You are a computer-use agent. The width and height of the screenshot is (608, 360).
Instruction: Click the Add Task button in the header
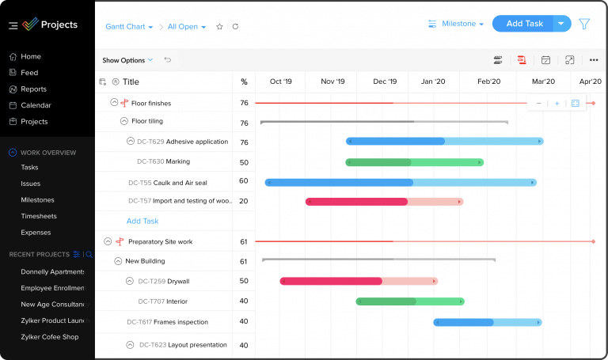click(x=524, y=24)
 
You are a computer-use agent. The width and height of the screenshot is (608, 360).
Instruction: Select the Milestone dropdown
click(x=456, y=24)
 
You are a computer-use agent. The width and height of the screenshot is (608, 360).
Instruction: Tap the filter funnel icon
click(x=584, y=24)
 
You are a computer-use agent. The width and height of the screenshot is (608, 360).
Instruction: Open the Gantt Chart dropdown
click(x=129, y=26)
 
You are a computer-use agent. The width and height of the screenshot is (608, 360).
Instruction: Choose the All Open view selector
click(x=187, y=26)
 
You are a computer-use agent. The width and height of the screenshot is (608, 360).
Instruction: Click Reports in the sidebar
click(x=33, y=89)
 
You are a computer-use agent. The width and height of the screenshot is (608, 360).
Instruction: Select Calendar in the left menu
click(x=36, y=105)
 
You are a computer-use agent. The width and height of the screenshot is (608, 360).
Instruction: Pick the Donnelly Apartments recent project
click(x=52, y=271)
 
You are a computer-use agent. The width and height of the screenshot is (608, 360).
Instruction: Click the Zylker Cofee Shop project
click(x=50, y=337)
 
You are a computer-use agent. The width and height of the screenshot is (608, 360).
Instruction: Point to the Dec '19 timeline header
click(x=385, y=81)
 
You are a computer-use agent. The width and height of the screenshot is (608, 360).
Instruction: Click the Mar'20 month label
click(x=543, y=81)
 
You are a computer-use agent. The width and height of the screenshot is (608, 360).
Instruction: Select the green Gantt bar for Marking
click(x=414, y=162)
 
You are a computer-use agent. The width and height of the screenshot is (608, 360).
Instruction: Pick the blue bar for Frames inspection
click(x=487, y=322)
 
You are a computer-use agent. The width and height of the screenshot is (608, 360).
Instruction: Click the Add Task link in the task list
click(x=142, y=222)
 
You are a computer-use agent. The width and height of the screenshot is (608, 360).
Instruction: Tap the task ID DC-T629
click(x=150, y=142)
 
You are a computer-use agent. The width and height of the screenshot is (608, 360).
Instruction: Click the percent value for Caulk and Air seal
click(x=244, y=181)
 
